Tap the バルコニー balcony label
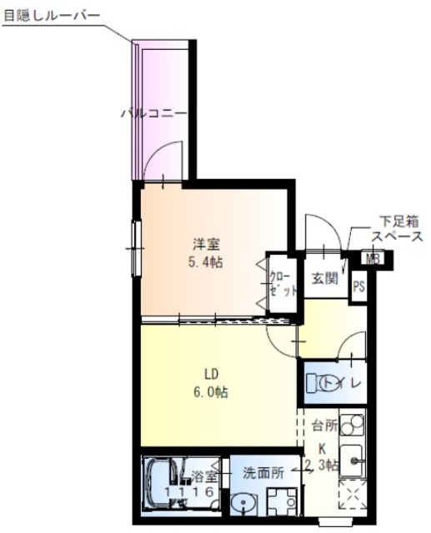click(153, 113)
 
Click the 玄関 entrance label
click(324, 279)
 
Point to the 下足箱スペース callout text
click(396, 229)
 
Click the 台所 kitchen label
click(324, 426)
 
